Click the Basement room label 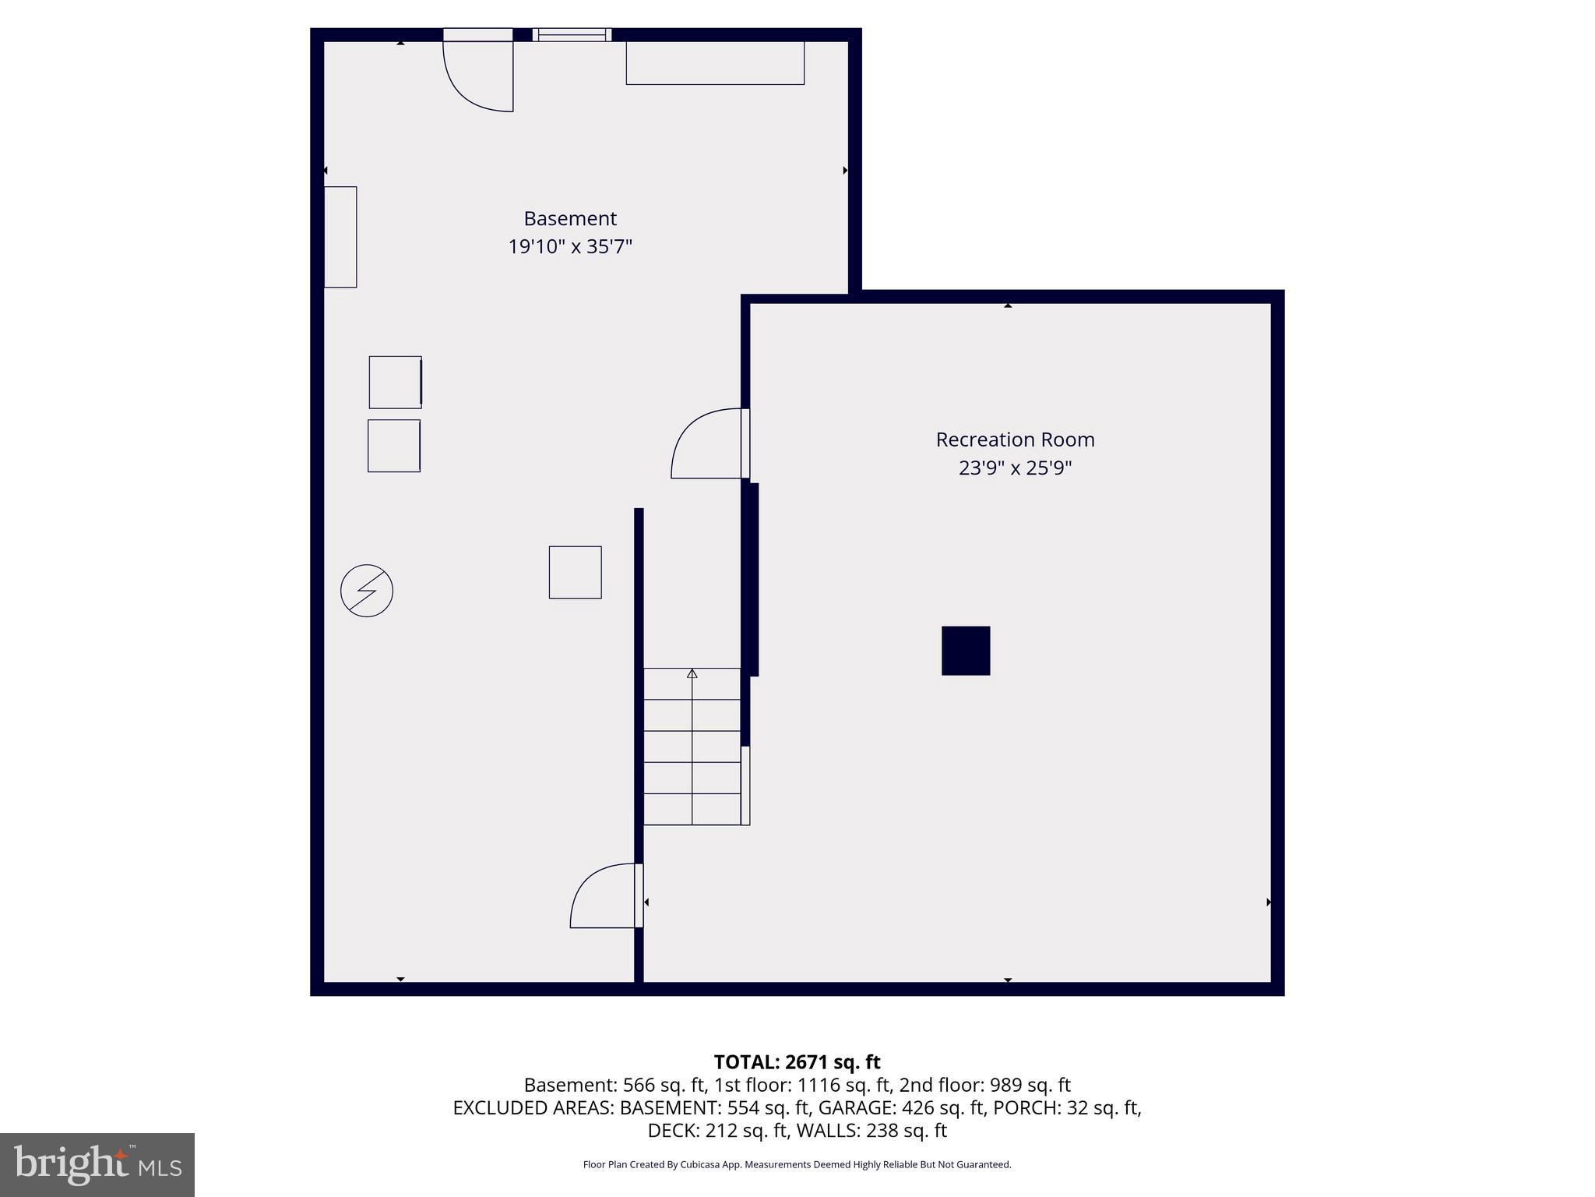point(569,218)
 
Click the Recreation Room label point(1015,440)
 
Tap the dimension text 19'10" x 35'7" point(569,247)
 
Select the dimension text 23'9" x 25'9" point(1015,468)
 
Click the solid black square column point(966,651)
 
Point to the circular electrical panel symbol point(367,591)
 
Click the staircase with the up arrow point(692,746)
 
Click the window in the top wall point(572,34)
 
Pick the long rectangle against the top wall point(715,63)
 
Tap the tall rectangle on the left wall point(340,237)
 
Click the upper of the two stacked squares point(395,382)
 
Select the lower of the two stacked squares point(394,446)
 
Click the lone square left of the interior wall point(575,572)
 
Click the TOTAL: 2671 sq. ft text point(797,1062)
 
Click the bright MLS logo point(97,1164)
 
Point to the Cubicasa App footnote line point(797,1164)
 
